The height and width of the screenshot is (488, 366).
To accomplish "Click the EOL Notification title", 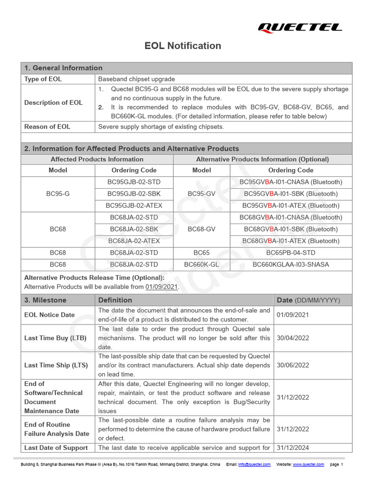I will coord(183,46).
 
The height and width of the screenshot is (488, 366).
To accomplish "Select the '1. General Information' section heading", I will coord(63,68).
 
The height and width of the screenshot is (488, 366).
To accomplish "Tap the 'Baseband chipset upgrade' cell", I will coord(136,79).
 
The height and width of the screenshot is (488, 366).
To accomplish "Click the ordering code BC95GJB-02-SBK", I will coord(134,193).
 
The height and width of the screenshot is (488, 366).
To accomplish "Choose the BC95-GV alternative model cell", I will coord(202,193).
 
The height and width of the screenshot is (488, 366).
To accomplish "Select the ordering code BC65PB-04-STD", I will coord(291,253).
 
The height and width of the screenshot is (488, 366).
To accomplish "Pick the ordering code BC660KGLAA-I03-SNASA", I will coord(291,264).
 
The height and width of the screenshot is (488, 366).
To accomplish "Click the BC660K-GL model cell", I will coord(202,264).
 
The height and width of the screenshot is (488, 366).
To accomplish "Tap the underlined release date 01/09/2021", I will coord(162,286).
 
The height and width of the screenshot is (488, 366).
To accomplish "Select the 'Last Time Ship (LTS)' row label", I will coord(56,365).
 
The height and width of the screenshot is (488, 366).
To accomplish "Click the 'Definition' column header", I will coord(115,300).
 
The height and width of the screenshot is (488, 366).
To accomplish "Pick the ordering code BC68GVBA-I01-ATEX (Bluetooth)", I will coord(291,241).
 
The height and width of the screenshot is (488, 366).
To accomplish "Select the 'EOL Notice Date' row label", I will coord(50,315).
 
